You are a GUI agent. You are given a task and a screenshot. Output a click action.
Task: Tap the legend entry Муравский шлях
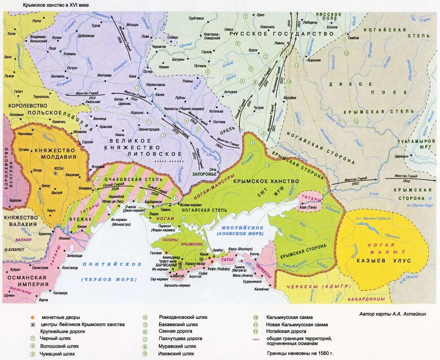coord(177,346)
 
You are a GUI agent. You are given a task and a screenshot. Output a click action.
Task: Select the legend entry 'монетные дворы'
coord(60,317)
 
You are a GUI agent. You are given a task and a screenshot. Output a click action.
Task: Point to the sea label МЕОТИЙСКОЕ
coord(240,228)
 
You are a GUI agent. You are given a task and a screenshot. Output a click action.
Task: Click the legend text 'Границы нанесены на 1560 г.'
coord(300,353)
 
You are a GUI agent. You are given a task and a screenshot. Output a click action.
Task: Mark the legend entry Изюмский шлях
coord(176,354)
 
